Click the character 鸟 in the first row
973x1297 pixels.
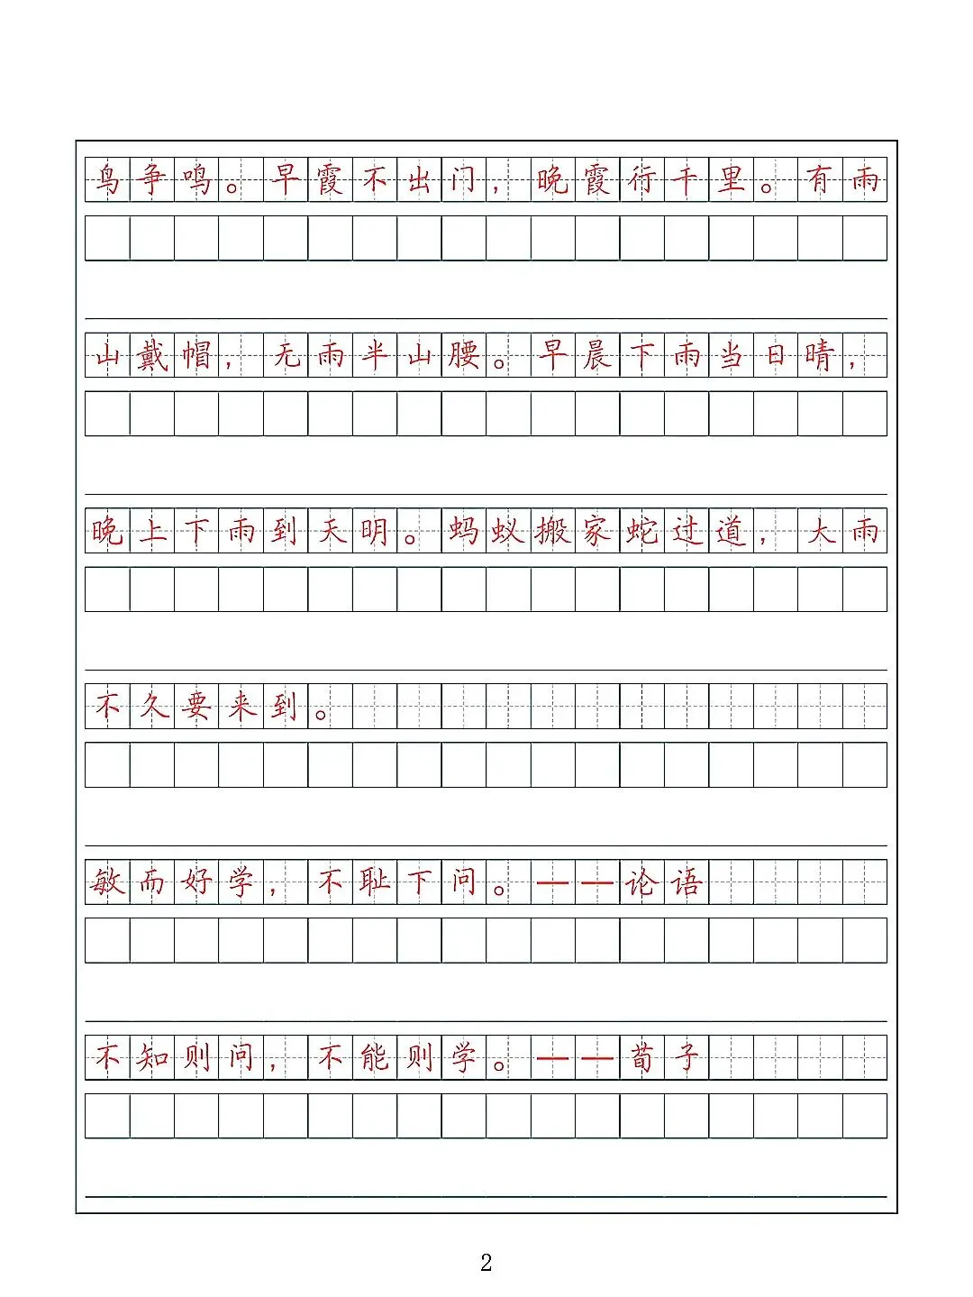(107, 179)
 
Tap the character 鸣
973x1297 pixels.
(196, 179)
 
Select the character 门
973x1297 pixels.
(464, 179)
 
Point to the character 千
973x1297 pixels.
(687, 179)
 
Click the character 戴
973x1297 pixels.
(152, 355)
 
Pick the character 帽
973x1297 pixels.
(196, 355)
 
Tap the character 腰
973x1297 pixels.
(464, 355)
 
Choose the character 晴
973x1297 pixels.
(820, 355)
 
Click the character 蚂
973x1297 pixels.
(464, 531)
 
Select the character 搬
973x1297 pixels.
(552, 531)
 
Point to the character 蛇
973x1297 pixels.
(641, 531)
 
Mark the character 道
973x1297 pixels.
(731, 531)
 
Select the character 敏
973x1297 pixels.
(107, 881)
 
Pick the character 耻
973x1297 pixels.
(375, 881)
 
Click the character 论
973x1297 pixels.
(641, 881)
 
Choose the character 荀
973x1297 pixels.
(641, 1057)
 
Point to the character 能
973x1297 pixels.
(375, 1057)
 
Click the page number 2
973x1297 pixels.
(486, 1262)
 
